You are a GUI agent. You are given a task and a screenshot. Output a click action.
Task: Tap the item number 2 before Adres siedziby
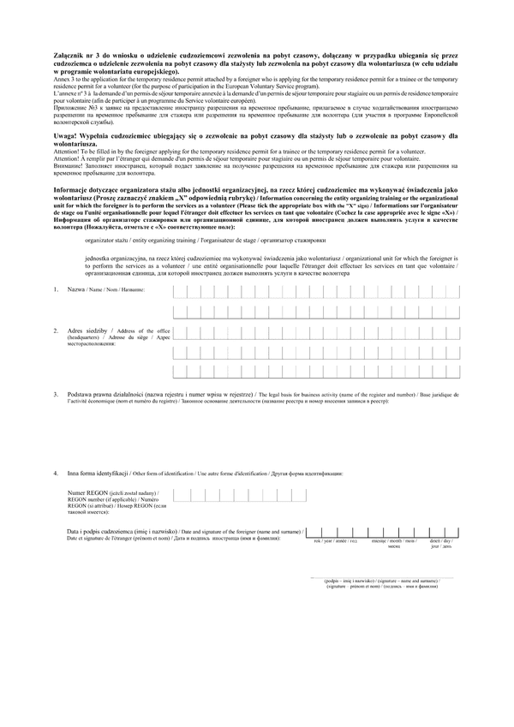point(56,331)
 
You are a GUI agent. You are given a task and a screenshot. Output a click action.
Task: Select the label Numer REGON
point(89,494)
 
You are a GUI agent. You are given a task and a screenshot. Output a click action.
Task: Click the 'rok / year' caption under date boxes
point(325,541)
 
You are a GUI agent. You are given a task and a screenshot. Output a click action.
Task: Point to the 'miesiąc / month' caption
point(384,541)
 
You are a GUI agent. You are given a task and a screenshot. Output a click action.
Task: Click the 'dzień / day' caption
point(439,541)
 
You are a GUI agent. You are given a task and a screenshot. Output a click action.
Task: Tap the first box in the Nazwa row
point(179,290)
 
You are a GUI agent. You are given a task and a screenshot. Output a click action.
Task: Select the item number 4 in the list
point(56,473)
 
